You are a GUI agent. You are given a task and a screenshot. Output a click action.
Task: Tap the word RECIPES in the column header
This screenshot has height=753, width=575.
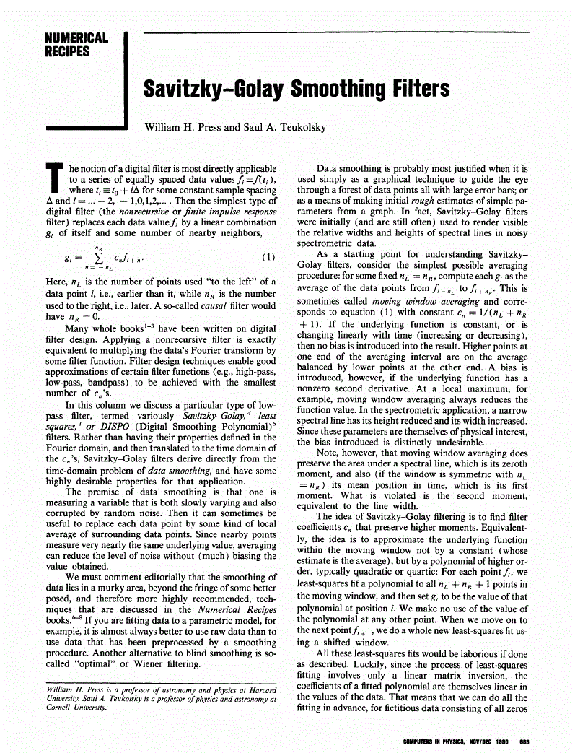coord(67,51)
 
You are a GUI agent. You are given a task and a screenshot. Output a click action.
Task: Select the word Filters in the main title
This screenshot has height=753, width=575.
coord(416,90)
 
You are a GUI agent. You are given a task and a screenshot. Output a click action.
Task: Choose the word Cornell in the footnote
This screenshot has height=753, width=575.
coord(58,708)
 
